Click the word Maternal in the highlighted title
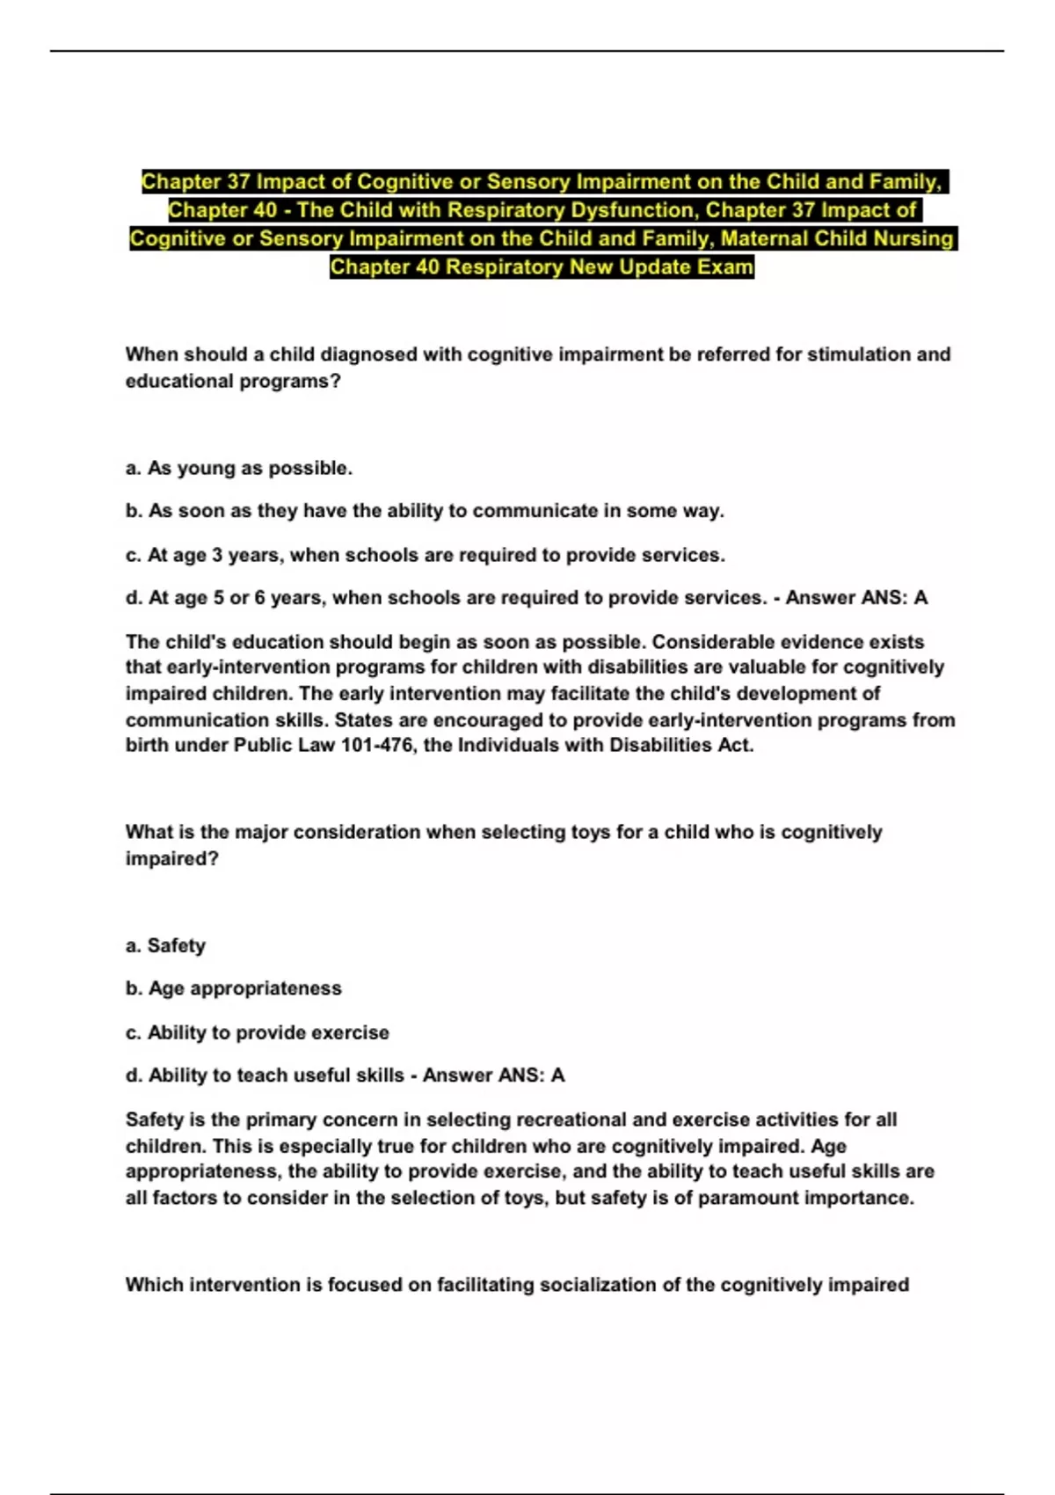[764, 238]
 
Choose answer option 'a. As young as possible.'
[238, 468]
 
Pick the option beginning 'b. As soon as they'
[425, 511]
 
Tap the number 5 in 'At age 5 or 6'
[218, 598]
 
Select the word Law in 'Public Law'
[315, 745]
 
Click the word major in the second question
[261, 832]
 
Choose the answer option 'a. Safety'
[165, 945]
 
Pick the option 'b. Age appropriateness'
[233, 988]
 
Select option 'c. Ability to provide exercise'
[257, 1032]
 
